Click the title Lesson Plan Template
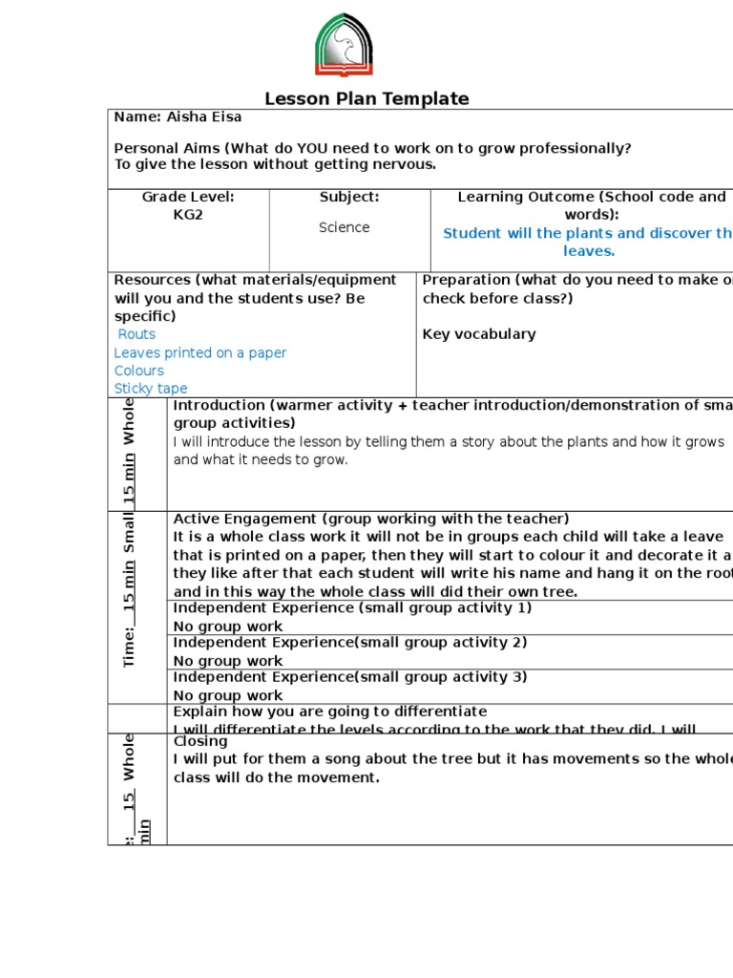366,98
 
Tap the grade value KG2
188,215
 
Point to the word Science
345,227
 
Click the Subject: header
349,197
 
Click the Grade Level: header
188,197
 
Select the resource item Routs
136,334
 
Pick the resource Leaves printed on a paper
200,352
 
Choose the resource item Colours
139,371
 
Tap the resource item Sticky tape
151,389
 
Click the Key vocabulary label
479,334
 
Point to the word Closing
200,741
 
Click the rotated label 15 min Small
129,563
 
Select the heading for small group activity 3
350,677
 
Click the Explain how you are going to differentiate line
330,712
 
